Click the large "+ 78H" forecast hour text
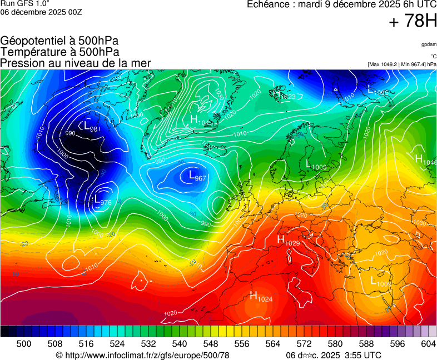(413, 22)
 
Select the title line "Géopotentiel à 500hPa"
(59, 41)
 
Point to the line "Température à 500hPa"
(59, 52)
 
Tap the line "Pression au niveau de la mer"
(76, 63)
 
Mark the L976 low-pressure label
(103, 200)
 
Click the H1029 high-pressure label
(288, 240)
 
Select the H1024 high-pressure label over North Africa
(261, 297)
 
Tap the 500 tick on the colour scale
(24, 344)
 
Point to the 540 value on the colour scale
(180, 344)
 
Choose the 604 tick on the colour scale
(429, 344)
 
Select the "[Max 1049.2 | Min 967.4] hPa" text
(402, 64)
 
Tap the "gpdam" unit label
(429, 44)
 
